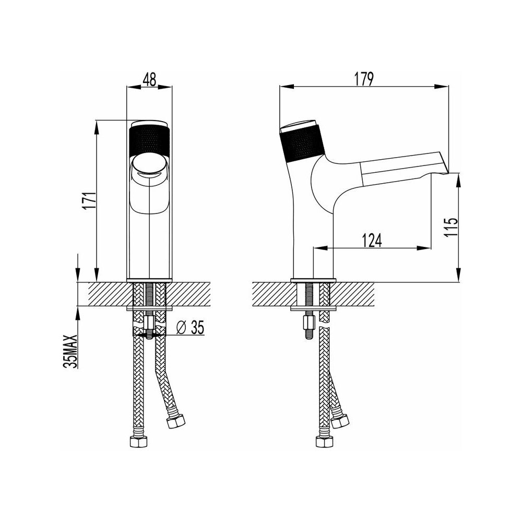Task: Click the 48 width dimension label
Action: (149, 79)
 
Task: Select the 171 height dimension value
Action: (90, 200)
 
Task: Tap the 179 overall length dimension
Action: (364, 79)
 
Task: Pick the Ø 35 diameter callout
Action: (189, 328)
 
